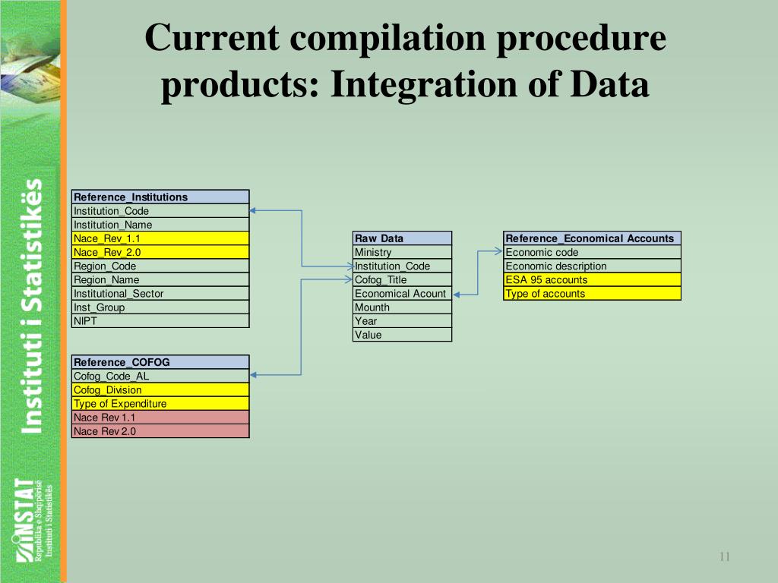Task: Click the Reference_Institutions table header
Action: tap(160, 197)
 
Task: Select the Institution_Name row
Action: tap(160, 225)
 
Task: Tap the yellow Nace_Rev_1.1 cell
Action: tap(160, 238)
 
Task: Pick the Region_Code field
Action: tap(160, 266)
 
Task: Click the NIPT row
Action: tap(160, 320)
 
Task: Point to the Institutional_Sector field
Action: tap(160, 293)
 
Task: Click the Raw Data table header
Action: tap(403, 238)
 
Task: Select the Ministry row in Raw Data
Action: tap(403, 252)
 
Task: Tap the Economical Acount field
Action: tap(403, 293)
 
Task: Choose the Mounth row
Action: tap(403, 307)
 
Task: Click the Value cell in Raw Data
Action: tap(403, 334)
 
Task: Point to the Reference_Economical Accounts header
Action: tap(592, 238)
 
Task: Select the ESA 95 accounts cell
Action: tap(592, 279)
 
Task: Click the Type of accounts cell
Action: tap(592, 293)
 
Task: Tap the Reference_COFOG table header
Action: tap(160, 362)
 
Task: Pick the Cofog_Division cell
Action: tap(160, 389)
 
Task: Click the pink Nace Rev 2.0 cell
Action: tap(160, 431)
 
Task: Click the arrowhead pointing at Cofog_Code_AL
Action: tap(255, 374)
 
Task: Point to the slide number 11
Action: tap(724, 557)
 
